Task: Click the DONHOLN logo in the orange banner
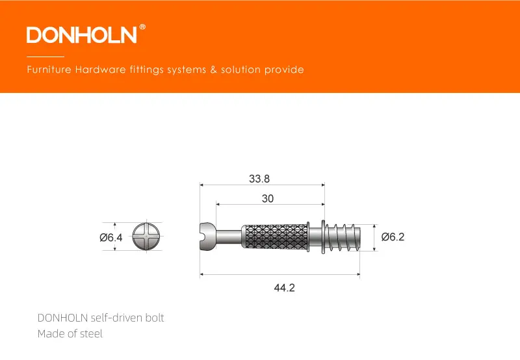point(82,35)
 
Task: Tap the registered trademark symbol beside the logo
point(142,27)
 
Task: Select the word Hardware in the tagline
point(101,70)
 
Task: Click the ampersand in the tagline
point(213,70)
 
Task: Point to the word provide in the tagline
point(284,70)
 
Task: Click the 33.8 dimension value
point(259,179)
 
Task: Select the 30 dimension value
point(268,199)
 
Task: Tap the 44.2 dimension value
point(284,287)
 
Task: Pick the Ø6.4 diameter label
point(111,237)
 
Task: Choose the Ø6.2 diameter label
point(393,237)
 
